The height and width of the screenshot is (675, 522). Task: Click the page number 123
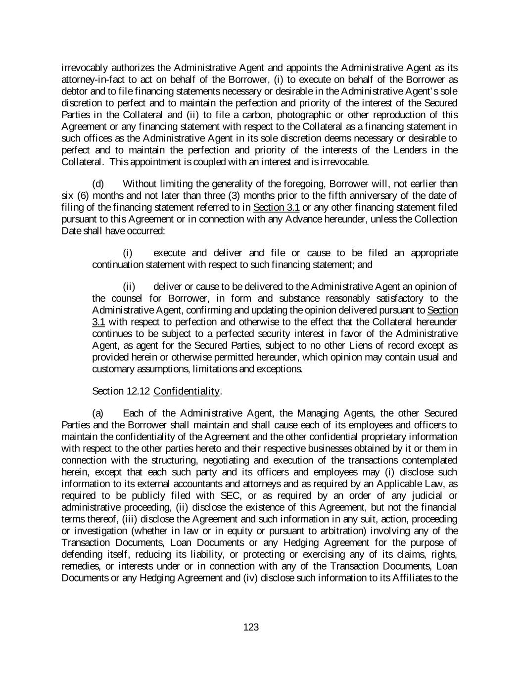tap(251, 628)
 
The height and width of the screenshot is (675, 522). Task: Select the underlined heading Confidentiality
tap(187, 391)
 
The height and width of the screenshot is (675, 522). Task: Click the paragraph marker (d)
tap(98, 184)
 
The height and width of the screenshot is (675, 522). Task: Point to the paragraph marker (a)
tap(98, 413)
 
